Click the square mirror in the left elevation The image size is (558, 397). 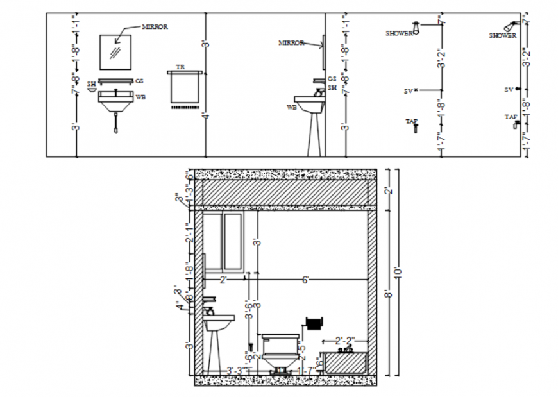coord(116,52)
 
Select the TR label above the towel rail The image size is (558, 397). coord(181,67)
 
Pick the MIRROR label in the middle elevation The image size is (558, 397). coord(291,43)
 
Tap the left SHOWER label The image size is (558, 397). coord(399,33)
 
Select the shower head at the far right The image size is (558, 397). coord(511,26)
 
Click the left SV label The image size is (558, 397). coord(407,92)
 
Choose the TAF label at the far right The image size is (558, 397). coord(511,117)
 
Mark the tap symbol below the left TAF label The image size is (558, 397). coord(416,128)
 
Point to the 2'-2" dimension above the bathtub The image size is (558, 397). coord(345,340)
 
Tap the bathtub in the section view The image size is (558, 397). coord(346,362)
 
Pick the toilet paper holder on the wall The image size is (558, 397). coord(314,323)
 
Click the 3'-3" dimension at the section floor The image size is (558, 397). coord(235,370)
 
